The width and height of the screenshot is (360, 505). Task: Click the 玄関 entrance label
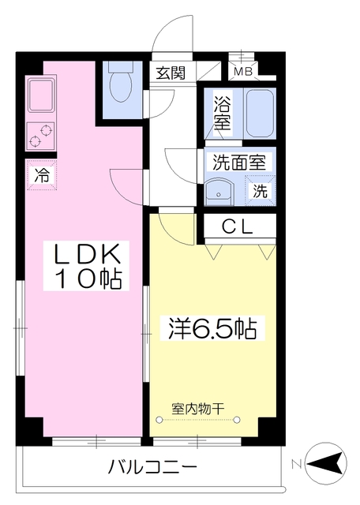tap(170, 74)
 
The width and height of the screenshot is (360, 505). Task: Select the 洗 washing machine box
tap(260, 189)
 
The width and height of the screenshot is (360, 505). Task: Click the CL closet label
tap(237, 227)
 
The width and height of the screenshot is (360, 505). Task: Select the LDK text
tap(86, 254)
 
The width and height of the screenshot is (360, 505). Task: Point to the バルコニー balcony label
tap(152, 466)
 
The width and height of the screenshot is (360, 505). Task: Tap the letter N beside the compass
tap(295, 463)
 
